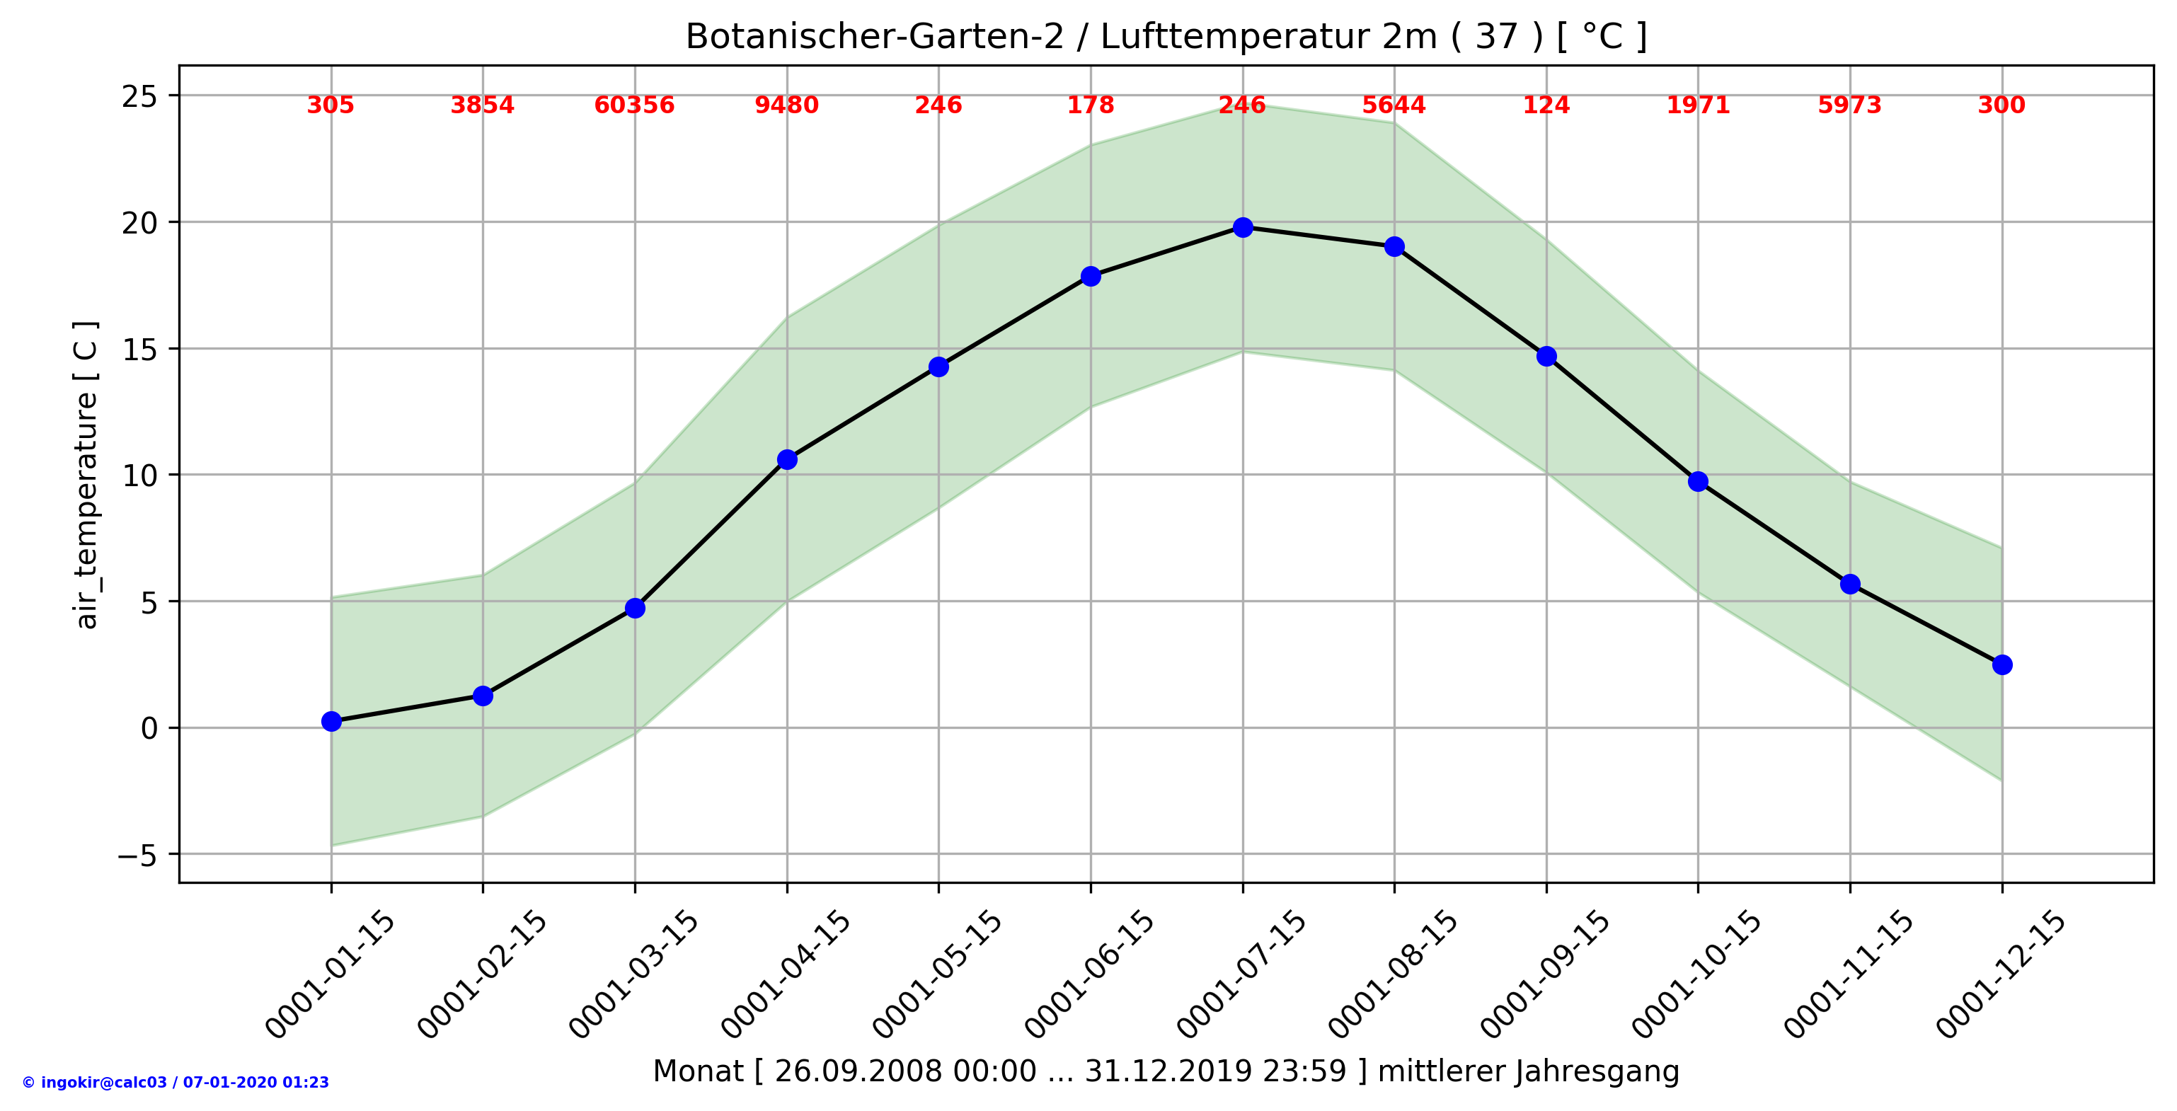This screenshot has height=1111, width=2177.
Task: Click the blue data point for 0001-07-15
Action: pos(1242,227)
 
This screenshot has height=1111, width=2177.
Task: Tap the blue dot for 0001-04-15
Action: pos(787,459)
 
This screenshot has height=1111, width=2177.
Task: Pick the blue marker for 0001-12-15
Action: pos(2002,665)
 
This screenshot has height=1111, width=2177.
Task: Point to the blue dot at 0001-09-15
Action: pos(1546,357)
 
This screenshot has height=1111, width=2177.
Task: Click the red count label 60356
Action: pos(634,105)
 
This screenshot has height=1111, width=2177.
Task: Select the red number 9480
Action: pos(787,105)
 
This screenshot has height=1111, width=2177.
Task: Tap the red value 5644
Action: pos(1394,105)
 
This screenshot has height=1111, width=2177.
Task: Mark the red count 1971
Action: pos(1698,105)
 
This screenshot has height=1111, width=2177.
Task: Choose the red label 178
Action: pos(1090,105)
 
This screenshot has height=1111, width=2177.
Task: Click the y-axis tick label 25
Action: pos(139,97)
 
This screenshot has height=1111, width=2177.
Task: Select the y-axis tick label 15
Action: pos(139,350)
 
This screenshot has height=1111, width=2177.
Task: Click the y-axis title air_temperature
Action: pos(86,511)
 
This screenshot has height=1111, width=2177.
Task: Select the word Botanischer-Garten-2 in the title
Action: pos(874,38)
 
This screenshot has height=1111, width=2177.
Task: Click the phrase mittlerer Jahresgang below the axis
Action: pos(1528,1071)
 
